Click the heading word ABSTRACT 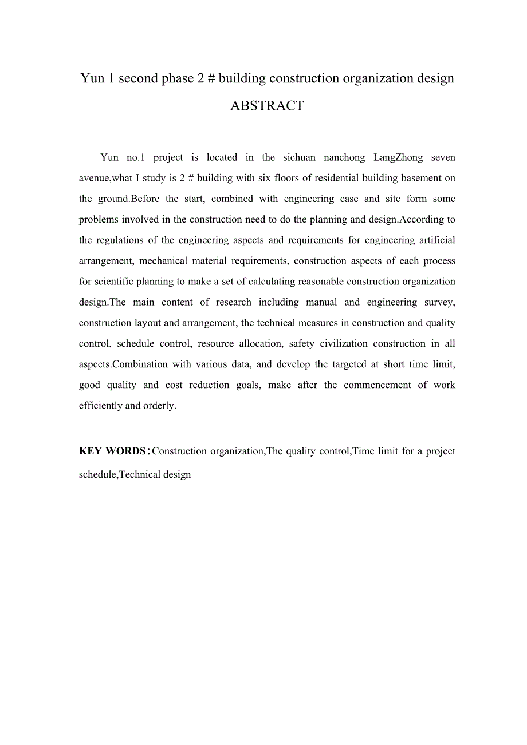[x=266, y=106]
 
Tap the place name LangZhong [x=398, y=157]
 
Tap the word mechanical [x=163, y=261]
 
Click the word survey [x=439, y=302]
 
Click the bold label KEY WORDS [x=112, y=451]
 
